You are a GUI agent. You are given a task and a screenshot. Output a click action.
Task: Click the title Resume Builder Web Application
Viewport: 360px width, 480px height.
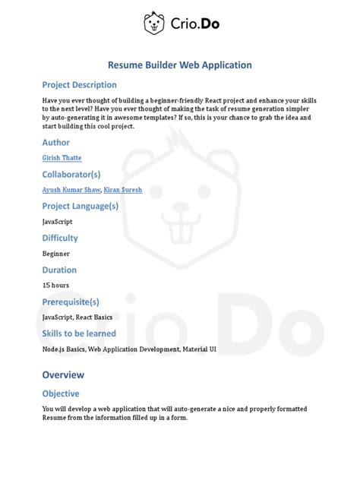[179, 65]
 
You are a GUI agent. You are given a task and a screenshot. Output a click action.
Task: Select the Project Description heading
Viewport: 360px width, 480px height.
[79, 85]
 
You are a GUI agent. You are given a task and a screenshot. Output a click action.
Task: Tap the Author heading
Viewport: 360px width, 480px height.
[55, 142]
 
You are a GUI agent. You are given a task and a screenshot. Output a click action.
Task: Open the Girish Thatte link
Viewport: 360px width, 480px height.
[62, 158]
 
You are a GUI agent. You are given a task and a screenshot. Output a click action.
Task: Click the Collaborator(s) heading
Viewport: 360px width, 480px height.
[72, 174]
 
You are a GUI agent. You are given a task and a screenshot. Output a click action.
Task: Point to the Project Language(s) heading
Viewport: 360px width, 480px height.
[80, 206]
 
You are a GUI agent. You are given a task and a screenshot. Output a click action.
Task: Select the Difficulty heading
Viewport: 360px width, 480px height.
[60, 238]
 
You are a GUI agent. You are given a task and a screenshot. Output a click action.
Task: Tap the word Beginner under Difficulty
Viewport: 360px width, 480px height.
[56, 254]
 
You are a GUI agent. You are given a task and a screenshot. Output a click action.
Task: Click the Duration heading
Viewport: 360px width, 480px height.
[58, 270]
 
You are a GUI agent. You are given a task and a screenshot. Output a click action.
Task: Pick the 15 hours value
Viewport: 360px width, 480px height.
[55, 285]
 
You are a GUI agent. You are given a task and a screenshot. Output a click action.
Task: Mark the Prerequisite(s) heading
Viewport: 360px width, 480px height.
[71, 302]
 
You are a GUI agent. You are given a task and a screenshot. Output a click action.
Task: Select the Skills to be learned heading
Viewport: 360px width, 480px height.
[79, 333]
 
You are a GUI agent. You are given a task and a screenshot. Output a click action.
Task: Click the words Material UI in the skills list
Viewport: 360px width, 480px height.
[196, 349]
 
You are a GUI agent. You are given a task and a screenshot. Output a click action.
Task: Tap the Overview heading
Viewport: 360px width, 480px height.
[63, 375]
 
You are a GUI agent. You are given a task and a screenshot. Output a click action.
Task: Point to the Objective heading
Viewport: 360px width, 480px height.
[60, 393]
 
